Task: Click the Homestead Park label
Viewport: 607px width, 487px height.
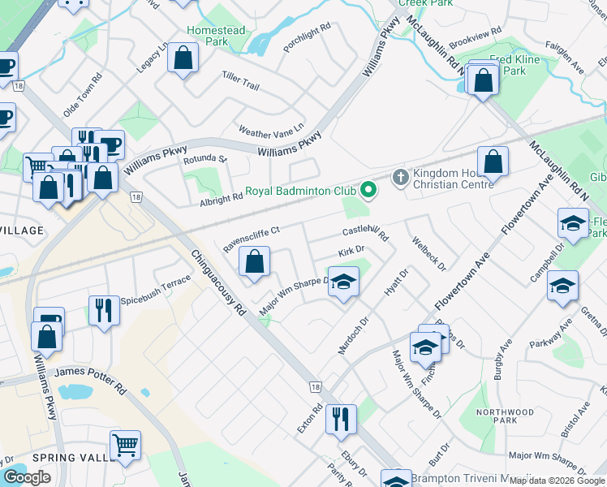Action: pos(217,35)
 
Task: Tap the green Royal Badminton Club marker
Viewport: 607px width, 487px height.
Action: pos(368,191)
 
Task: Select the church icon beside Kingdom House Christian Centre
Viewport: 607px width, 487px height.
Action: pos(399,177)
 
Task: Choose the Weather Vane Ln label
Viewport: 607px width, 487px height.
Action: pos(270,129)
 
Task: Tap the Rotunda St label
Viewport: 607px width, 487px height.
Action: pos(204,159)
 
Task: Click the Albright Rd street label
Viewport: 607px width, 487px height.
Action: pos(222,197)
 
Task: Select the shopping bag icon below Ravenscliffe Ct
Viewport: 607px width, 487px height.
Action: pos(255,262)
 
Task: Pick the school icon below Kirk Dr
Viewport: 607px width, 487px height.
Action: pos(343,282)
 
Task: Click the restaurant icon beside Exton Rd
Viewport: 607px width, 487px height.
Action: pos(341,419)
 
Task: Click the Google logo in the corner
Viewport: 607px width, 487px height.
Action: pos(27,477)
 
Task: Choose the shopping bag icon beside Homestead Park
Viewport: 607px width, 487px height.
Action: pos(183,58)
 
